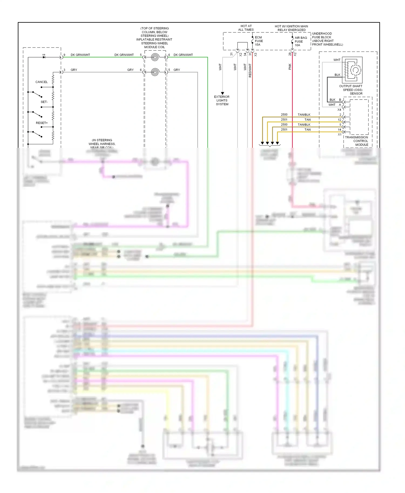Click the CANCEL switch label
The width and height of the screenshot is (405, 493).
[41, 82]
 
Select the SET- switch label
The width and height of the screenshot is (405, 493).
[44, 102]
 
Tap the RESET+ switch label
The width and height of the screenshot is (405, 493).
[42, 123]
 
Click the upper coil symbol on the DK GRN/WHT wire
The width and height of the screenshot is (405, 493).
[155, 57]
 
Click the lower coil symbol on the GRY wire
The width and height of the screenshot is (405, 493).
[155, 72]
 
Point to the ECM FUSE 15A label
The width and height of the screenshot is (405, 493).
[259, 41]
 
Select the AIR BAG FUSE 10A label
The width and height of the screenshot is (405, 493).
[301, 42]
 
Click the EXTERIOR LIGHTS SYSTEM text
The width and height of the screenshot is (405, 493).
[222, 100]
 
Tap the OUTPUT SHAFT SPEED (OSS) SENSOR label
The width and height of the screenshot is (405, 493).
[351, 90]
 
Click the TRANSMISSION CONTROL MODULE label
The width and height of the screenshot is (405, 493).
[356, 141]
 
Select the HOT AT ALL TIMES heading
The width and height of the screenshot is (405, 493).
[246, 28]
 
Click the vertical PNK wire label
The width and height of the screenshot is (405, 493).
[290, 67]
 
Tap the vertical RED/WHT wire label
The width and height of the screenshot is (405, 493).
[250, 71]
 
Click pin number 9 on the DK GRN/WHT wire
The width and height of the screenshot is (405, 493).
[64, 55]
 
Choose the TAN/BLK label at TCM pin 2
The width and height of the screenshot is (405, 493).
[304, 115]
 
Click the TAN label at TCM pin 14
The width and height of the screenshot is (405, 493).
[308, 130]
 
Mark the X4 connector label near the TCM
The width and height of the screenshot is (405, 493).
[339, 110]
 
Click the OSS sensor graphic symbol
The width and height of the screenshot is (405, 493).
[352, 70]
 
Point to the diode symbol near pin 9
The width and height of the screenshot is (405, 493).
[44, 57]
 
